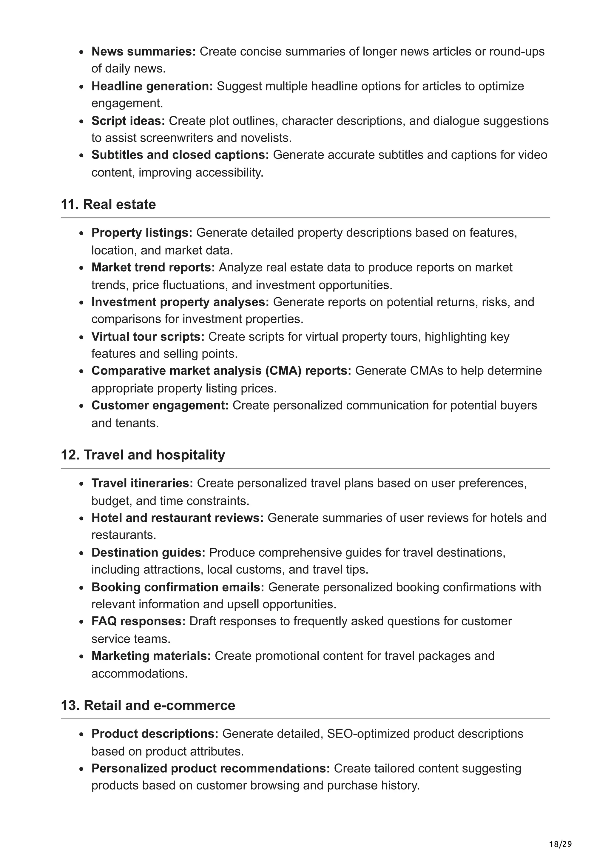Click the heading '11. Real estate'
108,204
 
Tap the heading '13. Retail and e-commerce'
148,705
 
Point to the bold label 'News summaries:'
144,51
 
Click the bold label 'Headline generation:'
152,86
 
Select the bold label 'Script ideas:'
128,121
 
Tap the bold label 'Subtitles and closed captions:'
180,155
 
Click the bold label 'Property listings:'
141,233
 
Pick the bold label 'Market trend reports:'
153,267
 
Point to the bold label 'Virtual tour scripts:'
148,336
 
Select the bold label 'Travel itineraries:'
142,483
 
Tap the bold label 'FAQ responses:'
138,621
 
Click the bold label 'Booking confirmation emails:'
178,587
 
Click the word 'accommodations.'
139,673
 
